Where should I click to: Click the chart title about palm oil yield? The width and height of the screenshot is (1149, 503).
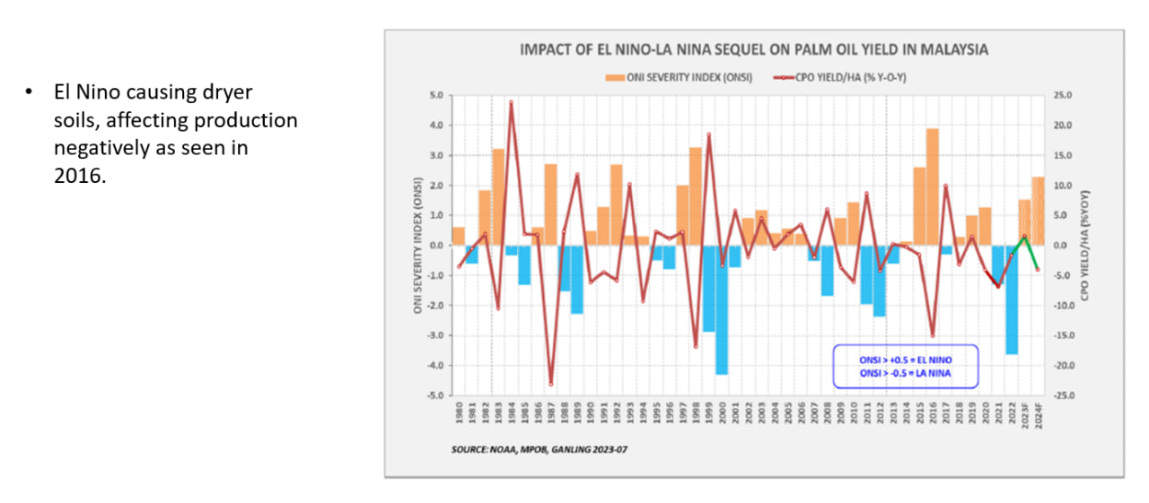[754, 50]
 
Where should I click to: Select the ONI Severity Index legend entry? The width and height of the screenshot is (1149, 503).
[685, 77]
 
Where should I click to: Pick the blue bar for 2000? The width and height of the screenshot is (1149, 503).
[721, 309]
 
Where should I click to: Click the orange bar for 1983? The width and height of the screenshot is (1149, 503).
[497, 197]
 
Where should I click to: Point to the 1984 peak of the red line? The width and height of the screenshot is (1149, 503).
[511, 103]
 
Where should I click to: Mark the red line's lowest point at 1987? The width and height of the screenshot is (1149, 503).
[550, 384]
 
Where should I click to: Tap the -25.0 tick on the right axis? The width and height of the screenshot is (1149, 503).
[1065, 395]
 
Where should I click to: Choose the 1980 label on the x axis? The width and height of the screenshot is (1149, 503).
[459, 412]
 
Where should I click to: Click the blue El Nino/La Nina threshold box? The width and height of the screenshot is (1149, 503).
[904, 367]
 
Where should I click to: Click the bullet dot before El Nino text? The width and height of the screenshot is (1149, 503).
[29, 93]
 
